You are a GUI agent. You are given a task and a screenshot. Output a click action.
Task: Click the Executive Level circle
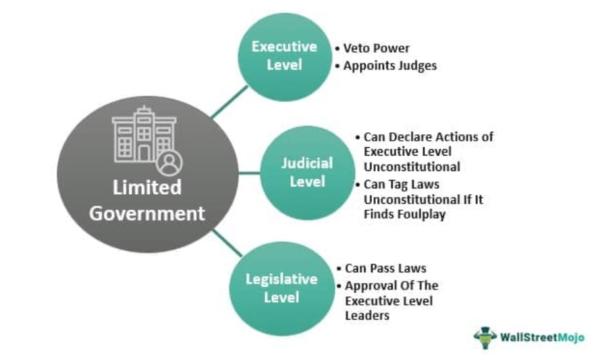point(285,57)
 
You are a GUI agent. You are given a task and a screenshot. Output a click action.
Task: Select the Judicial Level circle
point(308,173)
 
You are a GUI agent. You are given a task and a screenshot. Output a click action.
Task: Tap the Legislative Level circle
point(281,289)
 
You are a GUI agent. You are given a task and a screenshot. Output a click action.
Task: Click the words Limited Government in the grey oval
point(147,201)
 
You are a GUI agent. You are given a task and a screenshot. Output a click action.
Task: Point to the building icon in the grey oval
point(144,135)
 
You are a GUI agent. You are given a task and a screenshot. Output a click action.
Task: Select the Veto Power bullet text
point(376,48)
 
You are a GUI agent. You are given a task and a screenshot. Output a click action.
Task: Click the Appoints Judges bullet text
point(390,66)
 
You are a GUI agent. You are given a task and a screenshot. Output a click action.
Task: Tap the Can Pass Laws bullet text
point(385,268)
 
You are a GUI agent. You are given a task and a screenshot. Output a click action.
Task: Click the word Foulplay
point(423,214)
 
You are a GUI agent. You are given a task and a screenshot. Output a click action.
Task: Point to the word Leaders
point(367,316)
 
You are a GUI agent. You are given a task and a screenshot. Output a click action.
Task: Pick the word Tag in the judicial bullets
point(398,185)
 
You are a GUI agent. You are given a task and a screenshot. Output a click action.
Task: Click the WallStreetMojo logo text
point(542,337)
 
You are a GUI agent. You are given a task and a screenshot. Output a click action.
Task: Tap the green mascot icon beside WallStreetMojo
point(485,337)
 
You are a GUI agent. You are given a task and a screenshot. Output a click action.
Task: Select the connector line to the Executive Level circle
point(229,102)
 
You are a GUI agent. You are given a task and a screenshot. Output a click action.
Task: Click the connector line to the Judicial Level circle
point(249,173)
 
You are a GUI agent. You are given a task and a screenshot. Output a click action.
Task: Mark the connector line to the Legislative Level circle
point(227,243)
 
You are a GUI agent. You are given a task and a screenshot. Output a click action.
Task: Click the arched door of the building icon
point(144,154)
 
